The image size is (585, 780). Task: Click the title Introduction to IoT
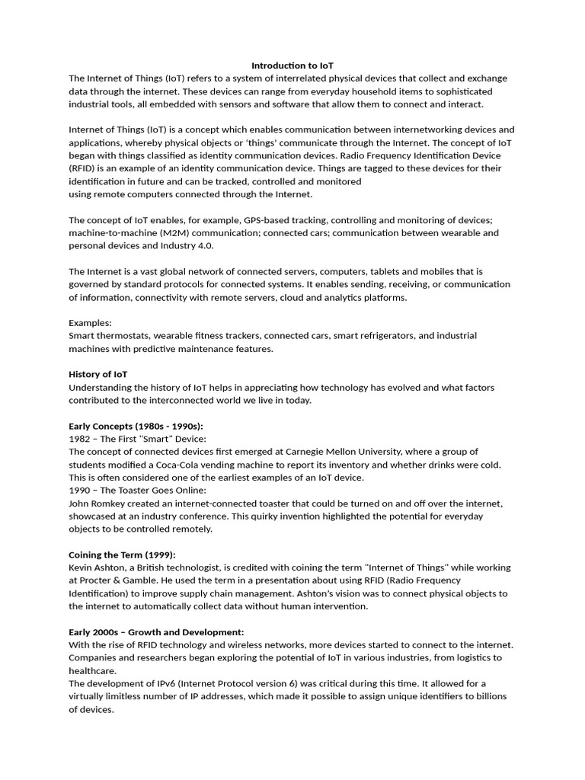(x=292, y=66)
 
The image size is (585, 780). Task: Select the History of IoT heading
(x=98, y=374)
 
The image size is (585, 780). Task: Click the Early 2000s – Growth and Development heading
(x=156, y=632)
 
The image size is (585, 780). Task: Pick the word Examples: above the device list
(x=90, y=323)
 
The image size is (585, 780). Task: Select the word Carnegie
(x=304, y=452)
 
